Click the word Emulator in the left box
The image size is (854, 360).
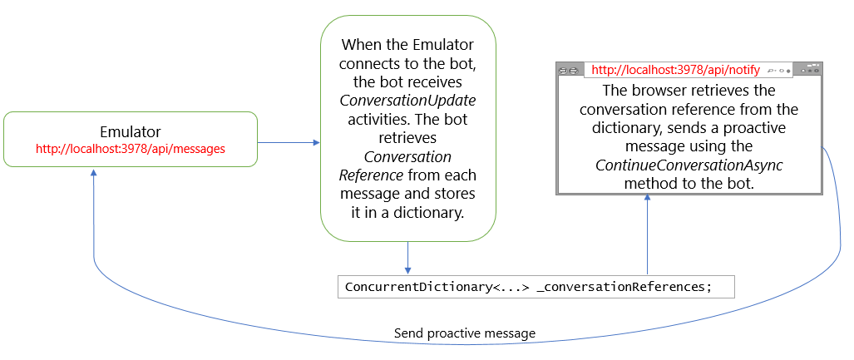pyautogui.click(x=130, y=131)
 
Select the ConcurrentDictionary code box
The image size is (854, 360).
pyautogui.click(x=536, y=287)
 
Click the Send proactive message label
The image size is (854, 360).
pyautogui.click(x=464, y=333)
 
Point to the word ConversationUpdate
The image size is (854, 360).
pyautogui.click(x=407, y=101)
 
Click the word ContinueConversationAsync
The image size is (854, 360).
pyautogui.click(x=689, y=165)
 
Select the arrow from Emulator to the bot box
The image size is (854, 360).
pyautogui.click(x=288, y=142)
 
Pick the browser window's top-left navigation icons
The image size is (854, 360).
pyautogui.click(x=569, y=71)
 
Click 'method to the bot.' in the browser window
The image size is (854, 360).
pyautogui.click(x=689, y=184)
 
